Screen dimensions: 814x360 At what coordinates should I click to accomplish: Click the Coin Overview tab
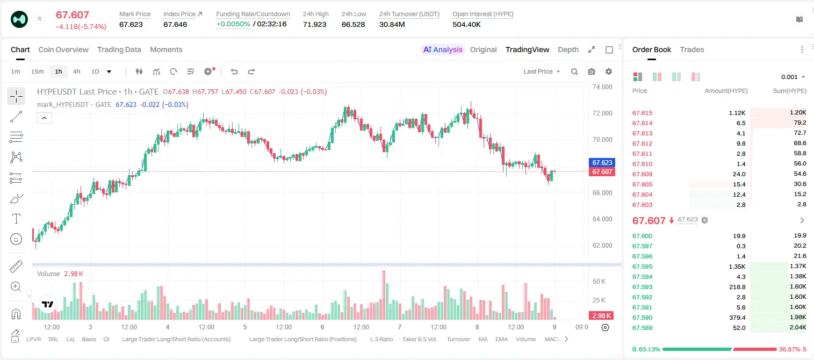click(63, 49)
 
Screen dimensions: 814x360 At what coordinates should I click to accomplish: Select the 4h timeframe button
click(76, 71)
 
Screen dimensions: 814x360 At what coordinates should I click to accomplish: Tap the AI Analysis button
click(443, 49)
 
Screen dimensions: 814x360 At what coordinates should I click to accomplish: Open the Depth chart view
click(568, 49)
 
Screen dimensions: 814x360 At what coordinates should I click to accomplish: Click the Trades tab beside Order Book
click(692, 49)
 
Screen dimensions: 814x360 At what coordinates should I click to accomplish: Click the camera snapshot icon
click(592, 71)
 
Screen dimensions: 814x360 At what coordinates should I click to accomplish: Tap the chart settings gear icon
click(609, 71)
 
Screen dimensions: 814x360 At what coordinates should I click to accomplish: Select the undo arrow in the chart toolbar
click(234, 71)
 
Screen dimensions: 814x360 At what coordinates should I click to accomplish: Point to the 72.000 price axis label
click(602, 113)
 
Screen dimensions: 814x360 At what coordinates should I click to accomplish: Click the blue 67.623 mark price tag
click(602, 162)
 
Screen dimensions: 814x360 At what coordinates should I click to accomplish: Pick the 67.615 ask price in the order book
click(642, 113)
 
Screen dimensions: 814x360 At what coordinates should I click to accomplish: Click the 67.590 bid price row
click(642, 318)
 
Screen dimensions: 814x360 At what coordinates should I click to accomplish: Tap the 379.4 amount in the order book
click(737, 318)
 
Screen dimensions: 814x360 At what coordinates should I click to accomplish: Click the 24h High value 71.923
click(315, 24)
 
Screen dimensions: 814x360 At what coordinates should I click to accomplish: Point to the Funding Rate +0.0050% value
click(233, 24)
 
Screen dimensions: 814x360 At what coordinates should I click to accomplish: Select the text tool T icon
click(16, 219)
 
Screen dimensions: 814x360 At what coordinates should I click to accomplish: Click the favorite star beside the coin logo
click(40, 18)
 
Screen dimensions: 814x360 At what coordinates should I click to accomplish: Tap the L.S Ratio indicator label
click(381, 339)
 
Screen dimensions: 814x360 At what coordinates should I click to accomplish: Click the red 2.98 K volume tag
click(601, 316)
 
